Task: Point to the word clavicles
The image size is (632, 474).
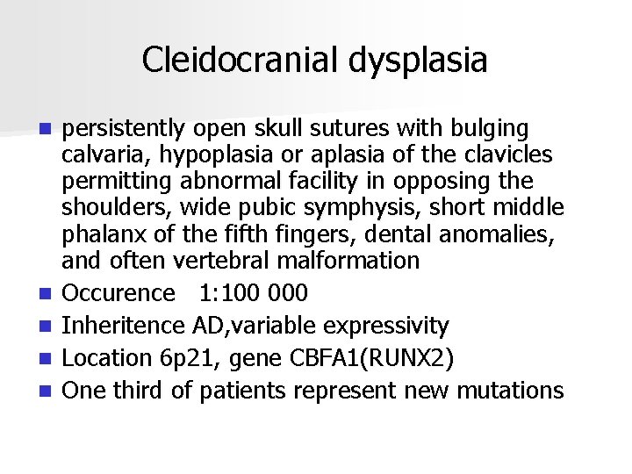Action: pyautogui.click(x=508, y=155)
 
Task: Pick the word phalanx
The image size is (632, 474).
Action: pyautogui.click(x=103, y=234)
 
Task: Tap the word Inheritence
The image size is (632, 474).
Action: pyautogui.click(x=125, y=326)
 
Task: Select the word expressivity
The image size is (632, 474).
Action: pyautogui.click(x=386, y=326)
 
